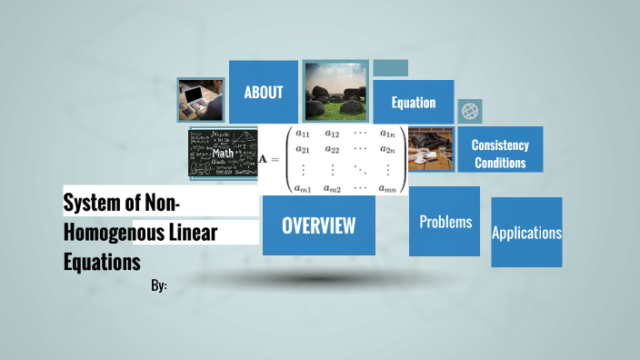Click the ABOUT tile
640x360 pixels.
pos(264,92)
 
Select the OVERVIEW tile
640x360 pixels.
pos(318,225)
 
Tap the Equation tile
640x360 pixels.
pos(414,103)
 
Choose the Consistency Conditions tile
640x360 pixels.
pos(500,154)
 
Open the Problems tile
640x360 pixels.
pos(445,222)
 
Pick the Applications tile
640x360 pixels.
pos(526,233)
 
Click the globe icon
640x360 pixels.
pos(470,111)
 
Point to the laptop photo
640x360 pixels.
pos(201,98)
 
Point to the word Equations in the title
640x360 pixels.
pos(102,261)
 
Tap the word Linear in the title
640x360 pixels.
pos(192,232)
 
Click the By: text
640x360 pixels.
pos(159,285)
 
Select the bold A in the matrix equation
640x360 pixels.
pos(265,159)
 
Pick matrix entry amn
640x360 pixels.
pos(388,187)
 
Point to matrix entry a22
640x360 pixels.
pos(333,149)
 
